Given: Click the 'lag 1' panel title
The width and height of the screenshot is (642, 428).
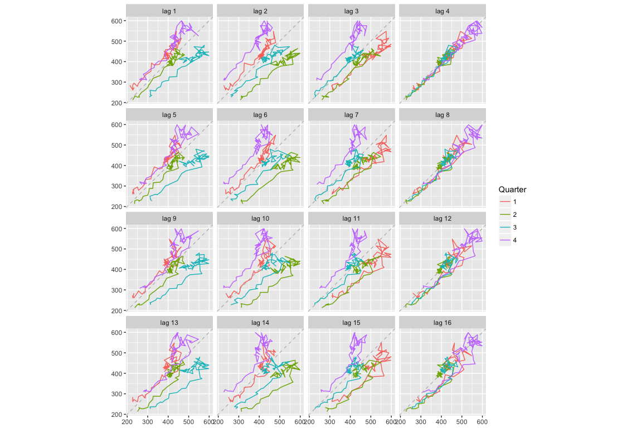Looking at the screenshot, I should coord(169,11).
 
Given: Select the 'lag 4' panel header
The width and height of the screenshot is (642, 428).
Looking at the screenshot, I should coord(442,11).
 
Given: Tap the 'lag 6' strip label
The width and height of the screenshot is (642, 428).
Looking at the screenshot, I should coord(260,115).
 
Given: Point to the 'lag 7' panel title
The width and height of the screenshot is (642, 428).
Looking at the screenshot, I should coord(351,115).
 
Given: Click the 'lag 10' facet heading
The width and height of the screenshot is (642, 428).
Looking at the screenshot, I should coord(260,218).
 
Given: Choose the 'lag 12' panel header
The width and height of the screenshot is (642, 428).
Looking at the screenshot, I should coord(442,218).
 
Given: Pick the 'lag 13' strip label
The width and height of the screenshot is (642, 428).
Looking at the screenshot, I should coord(169,323).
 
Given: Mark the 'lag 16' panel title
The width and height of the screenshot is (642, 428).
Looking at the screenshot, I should coord(442,323).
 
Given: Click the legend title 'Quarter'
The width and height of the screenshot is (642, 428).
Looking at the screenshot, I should coord(512,189).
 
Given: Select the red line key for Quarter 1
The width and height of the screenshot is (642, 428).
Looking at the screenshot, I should coord(505,201).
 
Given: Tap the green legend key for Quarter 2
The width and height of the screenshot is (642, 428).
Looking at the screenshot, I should coord(505,214).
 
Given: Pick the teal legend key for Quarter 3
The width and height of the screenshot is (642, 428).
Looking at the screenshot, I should coord(505,227).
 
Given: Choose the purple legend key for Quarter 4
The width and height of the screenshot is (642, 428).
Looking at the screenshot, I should coord(505,240).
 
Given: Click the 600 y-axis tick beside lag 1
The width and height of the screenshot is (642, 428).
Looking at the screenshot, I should coord(118,21).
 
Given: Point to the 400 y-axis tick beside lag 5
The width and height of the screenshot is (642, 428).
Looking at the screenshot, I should coord(118,166).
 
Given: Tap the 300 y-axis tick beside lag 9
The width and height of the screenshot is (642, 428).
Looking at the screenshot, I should coord(118,290).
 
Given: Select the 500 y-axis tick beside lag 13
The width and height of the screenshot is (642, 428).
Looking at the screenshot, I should coord(118,353).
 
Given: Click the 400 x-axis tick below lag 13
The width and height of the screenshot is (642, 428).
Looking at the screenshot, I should coord(168,422).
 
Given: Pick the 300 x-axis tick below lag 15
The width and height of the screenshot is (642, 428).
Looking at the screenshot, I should coord(330,422).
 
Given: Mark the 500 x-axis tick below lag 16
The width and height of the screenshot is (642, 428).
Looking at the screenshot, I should coord(462,422).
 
